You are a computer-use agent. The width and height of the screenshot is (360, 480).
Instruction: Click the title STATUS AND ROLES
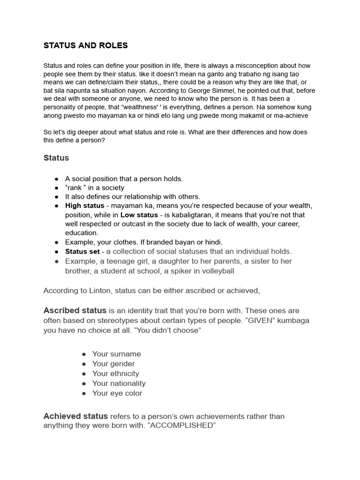[x=85, y=45]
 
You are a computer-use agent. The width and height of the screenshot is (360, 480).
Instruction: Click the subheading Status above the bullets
[x=56, y=158]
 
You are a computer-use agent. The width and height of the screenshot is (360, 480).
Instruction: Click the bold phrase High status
[x=82, y=206]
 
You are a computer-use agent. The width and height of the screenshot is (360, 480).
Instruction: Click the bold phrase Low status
[x=139, y=215]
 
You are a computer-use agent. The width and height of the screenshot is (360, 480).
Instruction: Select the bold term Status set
[x=82, y=251]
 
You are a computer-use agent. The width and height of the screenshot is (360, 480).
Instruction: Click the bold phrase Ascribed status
[x=75, y=311]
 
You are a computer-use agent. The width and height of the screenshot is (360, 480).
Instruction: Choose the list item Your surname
[x=116, y=354]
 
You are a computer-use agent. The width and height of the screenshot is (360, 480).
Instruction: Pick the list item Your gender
[x=113, y=364]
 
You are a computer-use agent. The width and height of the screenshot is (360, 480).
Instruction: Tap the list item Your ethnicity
[x=115, y=374]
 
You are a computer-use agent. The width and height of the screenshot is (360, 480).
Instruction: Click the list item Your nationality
[x=119, y=383]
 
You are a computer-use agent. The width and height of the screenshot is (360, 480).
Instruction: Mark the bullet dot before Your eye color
[x=83, y=393]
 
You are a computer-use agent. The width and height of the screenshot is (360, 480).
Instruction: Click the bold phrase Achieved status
[x=75, y=416]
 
